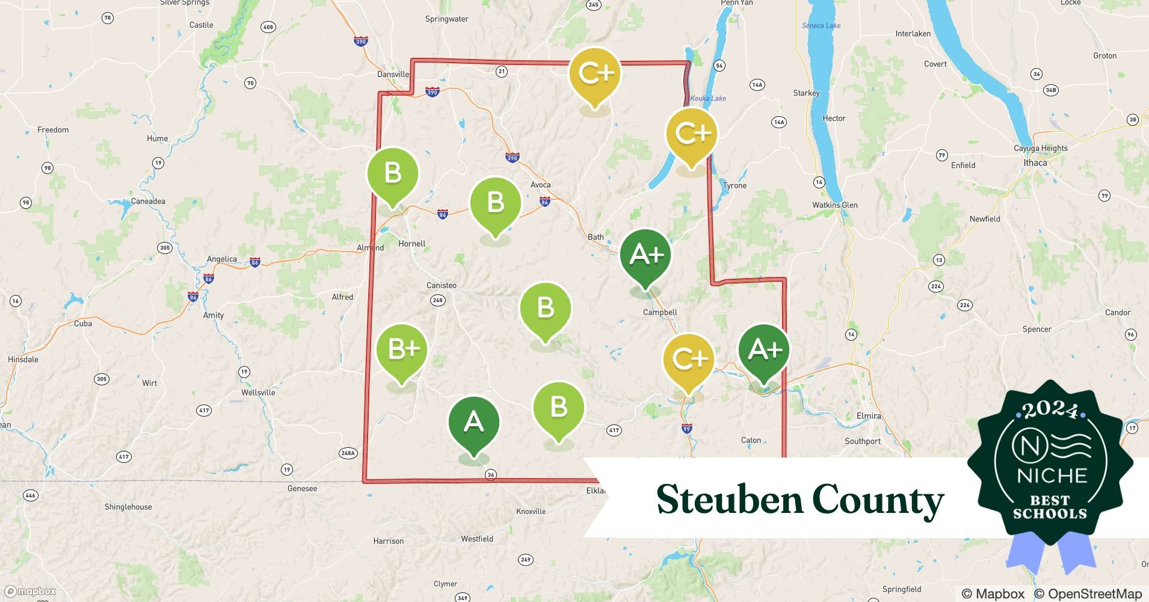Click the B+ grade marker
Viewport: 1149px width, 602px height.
coord(402,350)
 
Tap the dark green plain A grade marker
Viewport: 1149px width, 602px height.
coord(474,423)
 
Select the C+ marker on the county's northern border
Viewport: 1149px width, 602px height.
coord(595,74)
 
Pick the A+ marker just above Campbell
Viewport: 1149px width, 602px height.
coord(645,255)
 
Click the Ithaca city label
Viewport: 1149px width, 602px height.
coord(1035,163)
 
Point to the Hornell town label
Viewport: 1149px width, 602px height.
coord(411,244)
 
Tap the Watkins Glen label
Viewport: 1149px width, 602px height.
coord(835,205)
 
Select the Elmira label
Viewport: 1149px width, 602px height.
coord(868,416)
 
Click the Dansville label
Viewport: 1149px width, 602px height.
coord(393,75)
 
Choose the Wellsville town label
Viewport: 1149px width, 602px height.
coord(258,393)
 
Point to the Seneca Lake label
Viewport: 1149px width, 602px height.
coord(821,26)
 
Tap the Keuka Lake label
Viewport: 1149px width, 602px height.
coord(708,98)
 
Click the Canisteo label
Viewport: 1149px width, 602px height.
coord(441,285)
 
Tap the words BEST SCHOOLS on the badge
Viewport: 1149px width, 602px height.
coord(1050,507)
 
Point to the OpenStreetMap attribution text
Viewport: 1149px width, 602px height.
coord(1088,594)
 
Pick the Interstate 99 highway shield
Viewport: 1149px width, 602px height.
coord(687,429)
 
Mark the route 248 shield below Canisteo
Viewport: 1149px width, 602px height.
coord(437,300)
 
